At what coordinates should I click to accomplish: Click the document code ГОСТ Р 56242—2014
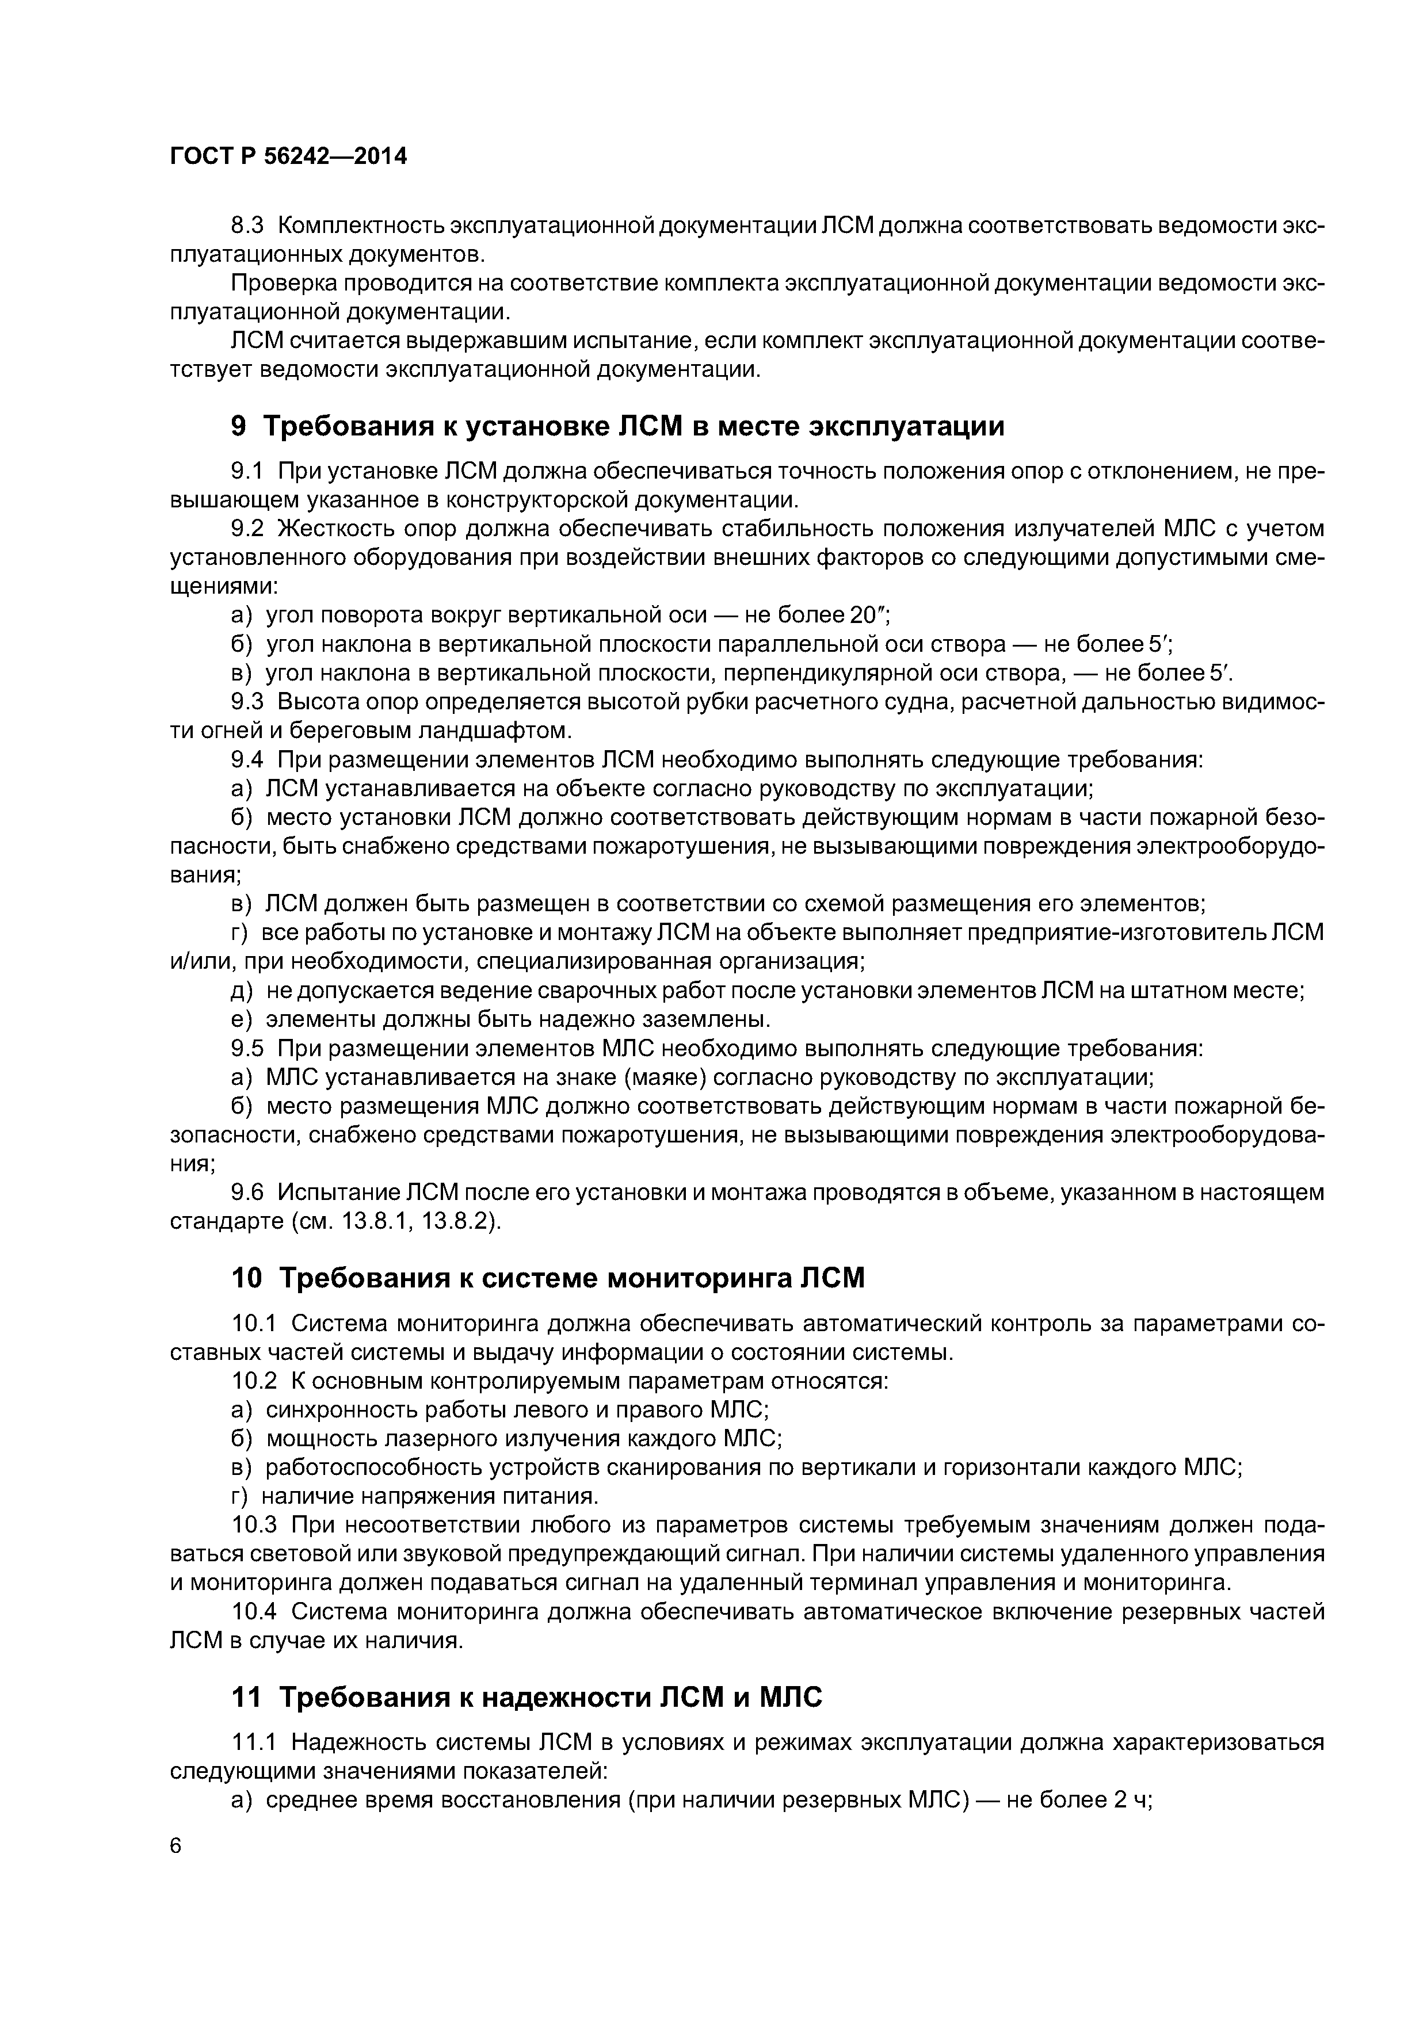click(x=288, y=156)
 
